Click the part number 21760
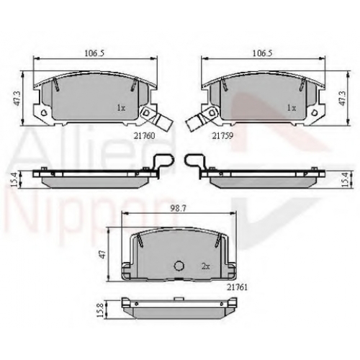(x=144, y=136)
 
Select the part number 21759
(x=222, y=136)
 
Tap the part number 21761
(x=237, y=287)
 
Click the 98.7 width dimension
(x=179, y=209)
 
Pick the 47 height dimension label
(x=102, y=255)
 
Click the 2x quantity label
(x=206, y=266)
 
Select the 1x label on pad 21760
(x=121, y=108)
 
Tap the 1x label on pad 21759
(x=292, y=108)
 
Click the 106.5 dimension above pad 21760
(x=94, y=53)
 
